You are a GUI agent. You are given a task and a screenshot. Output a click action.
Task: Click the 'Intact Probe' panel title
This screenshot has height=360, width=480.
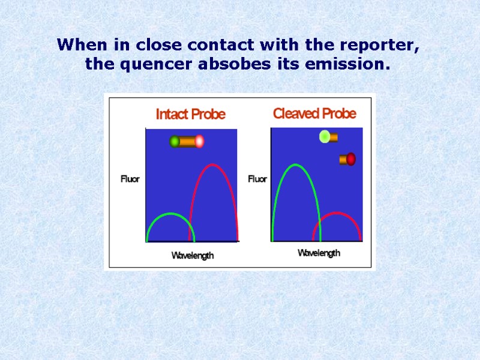191,114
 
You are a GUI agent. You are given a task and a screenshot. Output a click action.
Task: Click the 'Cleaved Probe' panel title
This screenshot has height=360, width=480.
314,113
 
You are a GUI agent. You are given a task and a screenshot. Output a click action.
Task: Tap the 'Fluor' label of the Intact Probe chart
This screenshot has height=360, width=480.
130,179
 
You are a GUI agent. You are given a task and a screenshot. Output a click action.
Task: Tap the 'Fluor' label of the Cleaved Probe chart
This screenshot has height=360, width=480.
257,178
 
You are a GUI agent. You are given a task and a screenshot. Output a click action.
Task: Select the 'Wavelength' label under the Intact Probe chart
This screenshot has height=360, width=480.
193,256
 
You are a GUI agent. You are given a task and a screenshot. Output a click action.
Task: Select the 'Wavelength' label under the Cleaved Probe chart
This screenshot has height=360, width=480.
319,253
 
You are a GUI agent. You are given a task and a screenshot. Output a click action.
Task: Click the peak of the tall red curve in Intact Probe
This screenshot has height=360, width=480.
213,164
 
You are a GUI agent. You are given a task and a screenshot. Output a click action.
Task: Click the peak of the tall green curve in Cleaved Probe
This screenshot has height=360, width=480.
294,165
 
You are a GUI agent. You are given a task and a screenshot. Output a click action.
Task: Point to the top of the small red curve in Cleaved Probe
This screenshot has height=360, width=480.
337,213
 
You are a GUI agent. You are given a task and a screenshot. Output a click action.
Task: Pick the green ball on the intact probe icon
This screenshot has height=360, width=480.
175,142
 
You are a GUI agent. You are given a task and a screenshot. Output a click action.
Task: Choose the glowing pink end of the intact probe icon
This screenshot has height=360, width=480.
199,142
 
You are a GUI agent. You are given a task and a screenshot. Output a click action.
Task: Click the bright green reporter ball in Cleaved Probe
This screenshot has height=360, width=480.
324,137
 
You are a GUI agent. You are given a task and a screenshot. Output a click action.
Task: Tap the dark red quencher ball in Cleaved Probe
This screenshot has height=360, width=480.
351,159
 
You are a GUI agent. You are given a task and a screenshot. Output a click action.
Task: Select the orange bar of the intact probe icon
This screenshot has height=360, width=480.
187,142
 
